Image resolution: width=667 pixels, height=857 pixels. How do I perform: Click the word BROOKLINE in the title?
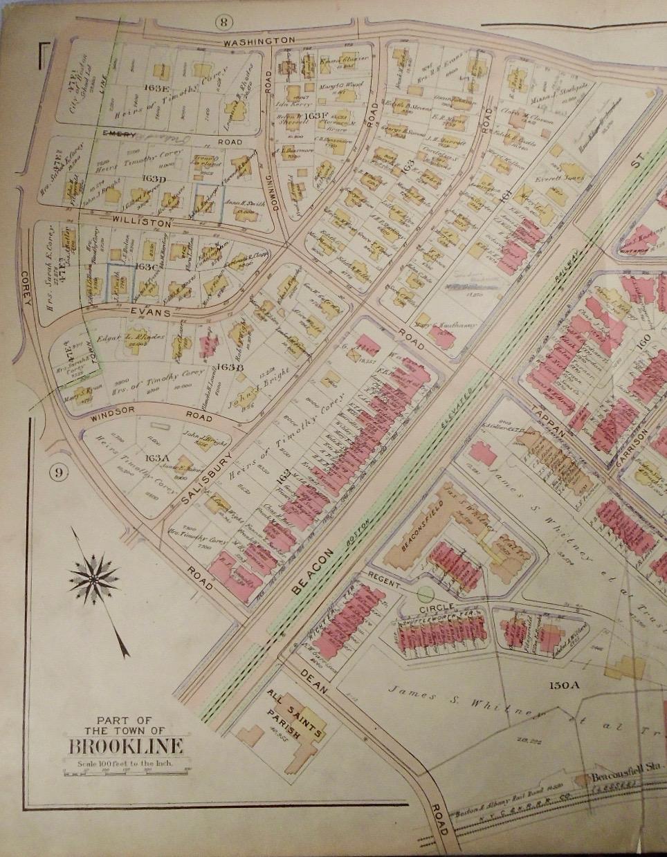click(x=125, y=746)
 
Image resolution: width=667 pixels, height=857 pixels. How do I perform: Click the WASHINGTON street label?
click(x=259, y=42)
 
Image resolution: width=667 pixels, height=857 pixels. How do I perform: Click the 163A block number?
click(x=154, y=457)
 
